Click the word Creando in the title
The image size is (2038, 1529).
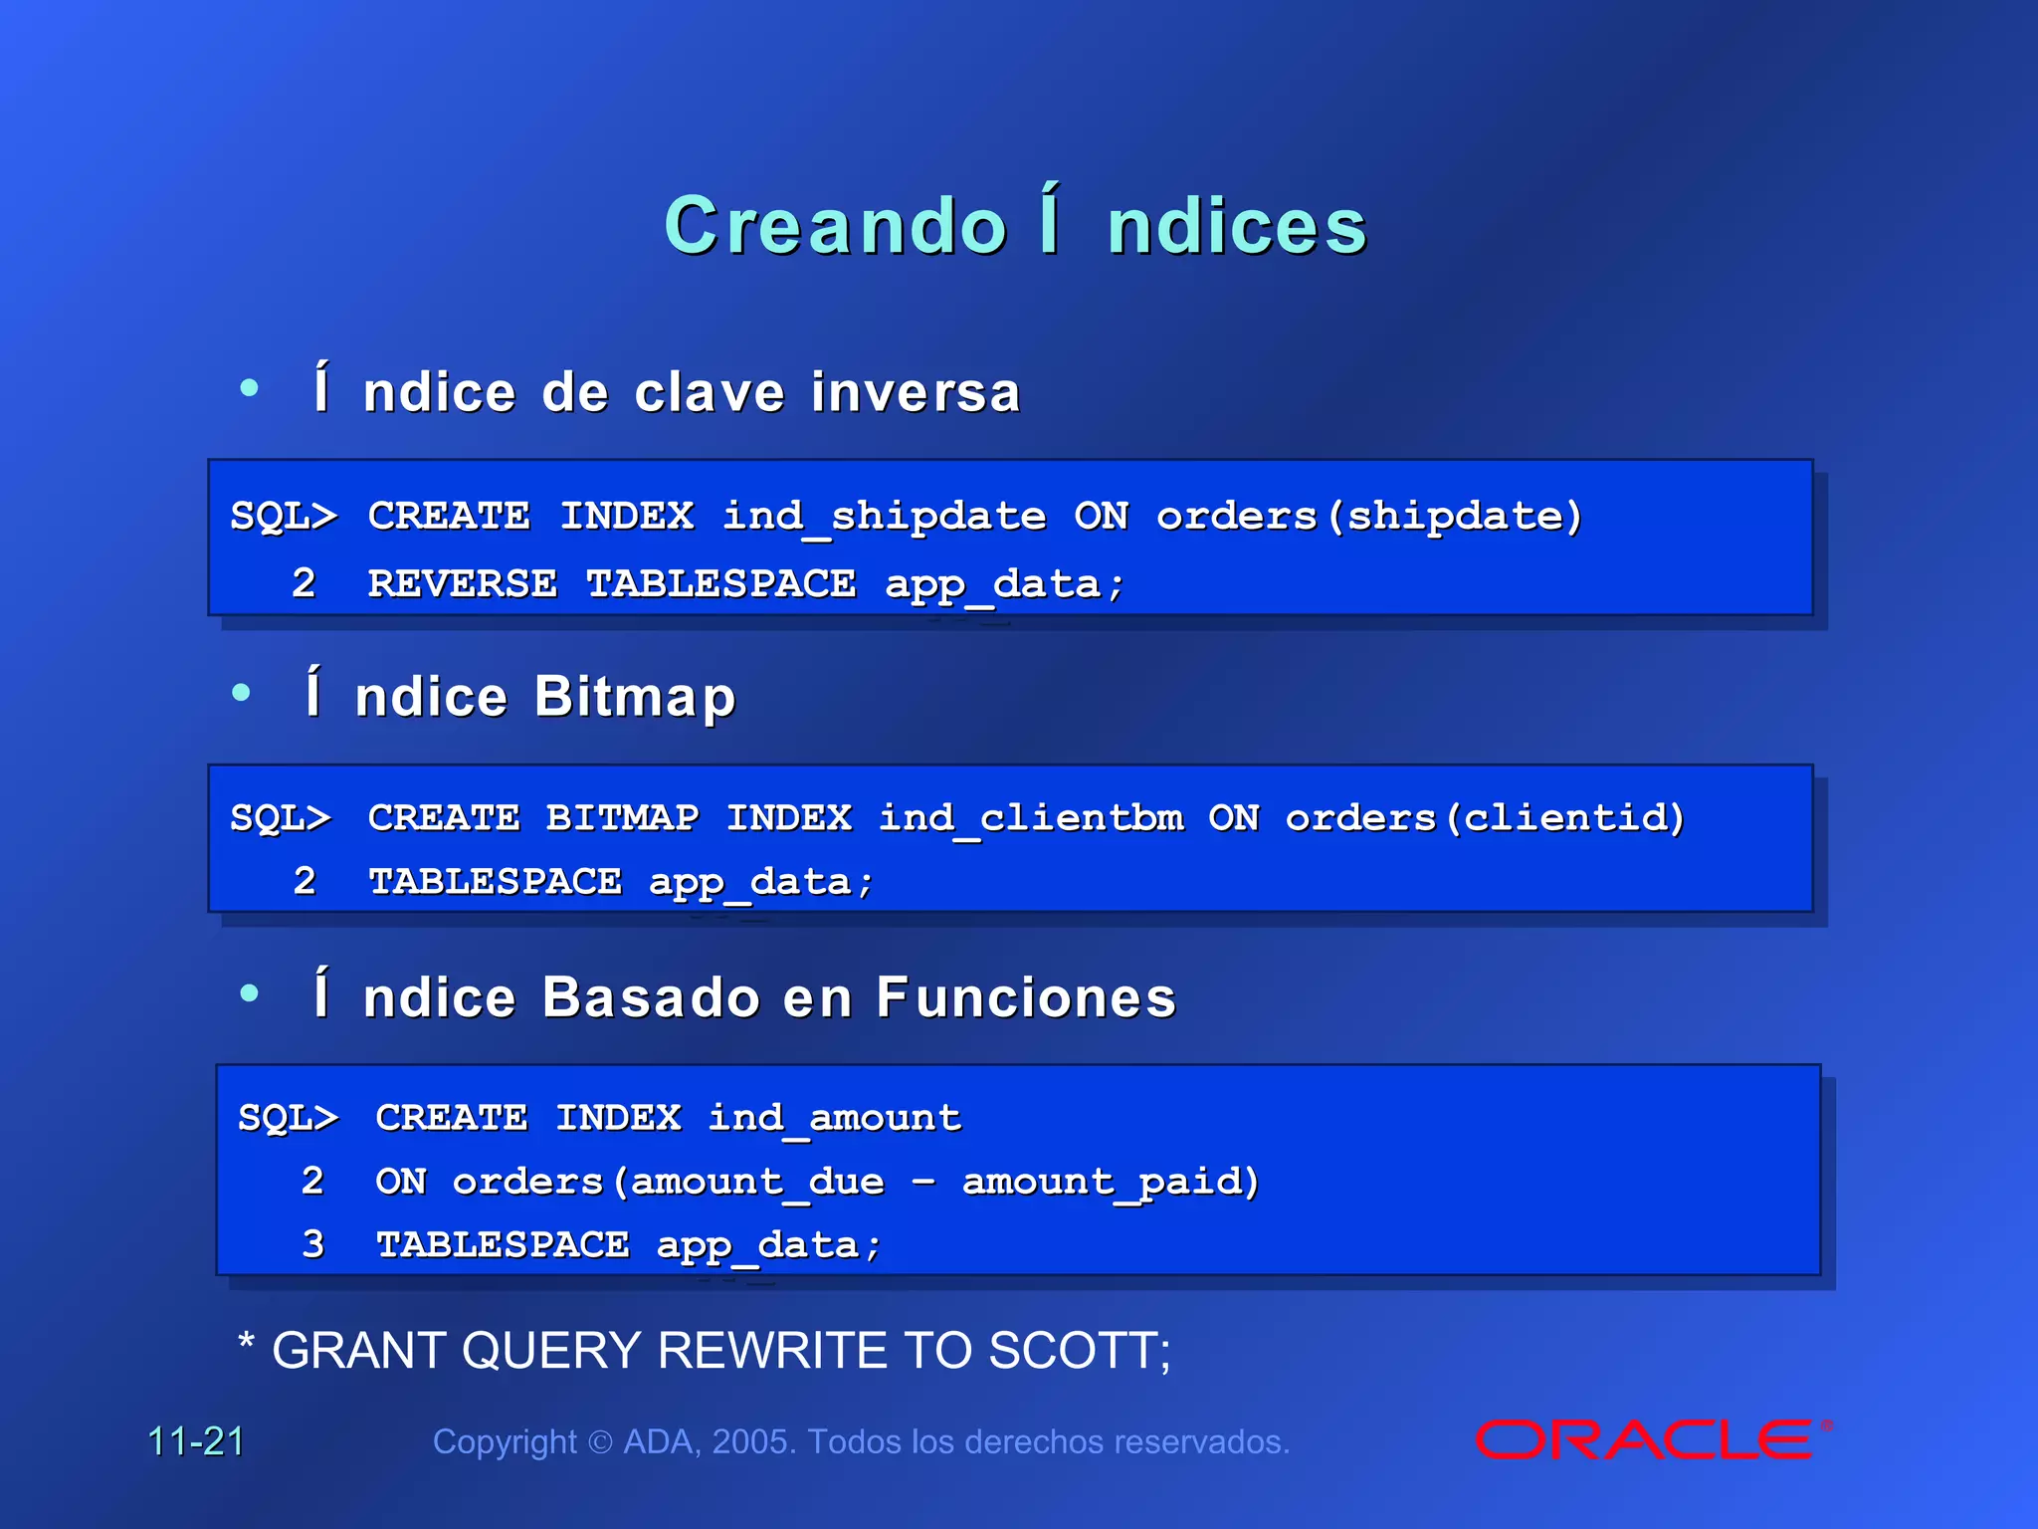[835, 226]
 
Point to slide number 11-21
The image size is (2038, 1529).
[196, 1441]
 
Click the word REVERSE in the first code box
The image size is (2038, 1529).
[463, 584]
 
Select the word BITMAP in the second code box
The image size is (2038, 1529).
[622, 818]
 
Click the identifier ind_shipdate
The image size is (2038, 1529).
[884, 517]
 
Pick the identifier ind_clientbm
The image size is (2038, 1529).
[1031, 818]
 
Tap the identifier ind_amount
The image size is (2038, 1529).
[834, 1118]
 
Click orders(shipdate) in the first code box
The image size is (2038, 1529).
[1368, 517]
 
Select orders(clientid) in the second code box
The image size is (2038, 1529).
[1485, 818]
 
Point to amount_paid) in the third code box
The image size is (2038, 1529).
[1111, 1182]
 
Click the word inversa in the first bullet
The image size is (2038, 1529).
[916, 392]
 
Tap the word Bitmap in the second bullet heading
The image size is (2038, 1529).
[635, 697]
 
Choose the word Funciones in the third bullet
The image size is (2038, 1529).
[1026, 997]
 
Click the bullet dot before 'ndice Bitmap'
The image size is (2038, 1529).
[241, 693]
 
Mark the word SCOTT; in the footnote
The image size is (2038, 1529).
[1080, 1352]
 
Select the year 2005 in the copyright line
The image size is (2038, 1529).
[753, 1441]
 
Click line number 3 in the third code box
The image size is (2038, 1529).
[312, 1244]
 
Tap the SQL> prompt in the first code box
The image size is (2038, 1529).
[284, 517]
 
